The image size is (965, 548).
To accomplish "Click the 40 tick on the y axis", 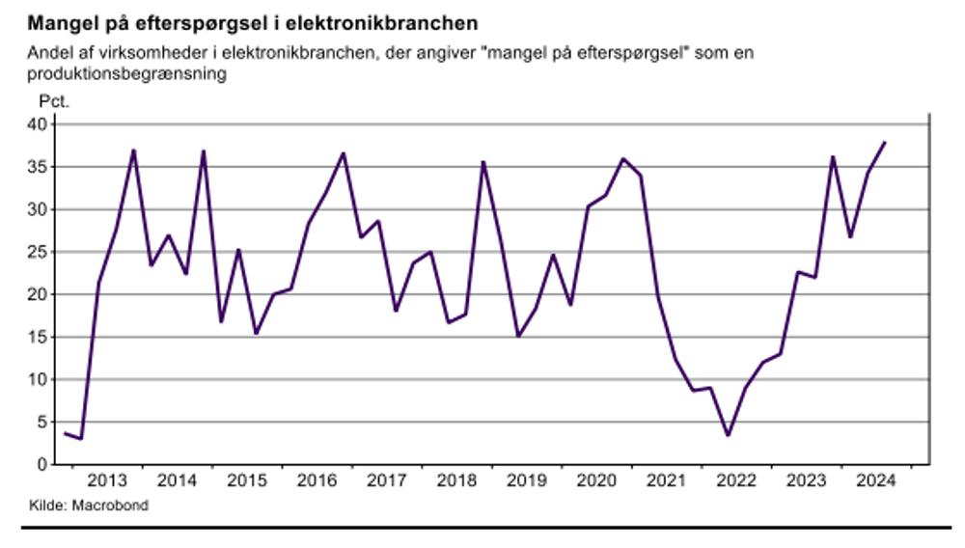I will pyautogui.click(x=37, y=124).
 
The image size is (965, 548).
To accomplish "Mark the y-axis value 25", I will pyautogui.click(x=37, y=252).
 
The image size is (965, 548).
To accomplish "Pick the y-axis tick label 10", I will pyautogui.click(x=37, y=379).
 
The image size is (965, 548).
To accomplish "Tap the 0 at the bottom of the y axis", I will pyautogui.click(x=41, y=464).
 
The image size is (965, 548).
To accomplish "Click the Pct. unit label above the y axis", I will pyautogui.click(x=54, y=99).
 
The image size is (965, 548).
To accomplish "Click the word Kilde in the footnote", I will pyautogui.click(x=43, y=505).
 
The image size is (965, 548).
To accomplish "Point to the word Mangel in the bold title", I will pyautogui.click(x=58, y=21).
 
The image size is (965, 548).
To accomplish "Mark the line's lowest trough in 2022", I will pyautogui.click(x=728, y=435).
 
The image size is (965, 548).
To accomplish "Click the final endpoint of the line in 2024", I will pyautogui.click(x=885, y=143).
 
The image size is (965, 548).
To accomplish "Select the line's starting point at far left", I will pyautogui.click(x=65, y=434).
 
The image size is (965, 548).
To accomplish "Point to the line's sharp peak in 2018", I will pyautogui.click(x=483, y=162).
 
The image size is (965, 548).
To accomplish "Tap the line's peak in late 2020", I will pyautogui.click(x=623, y=158).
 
